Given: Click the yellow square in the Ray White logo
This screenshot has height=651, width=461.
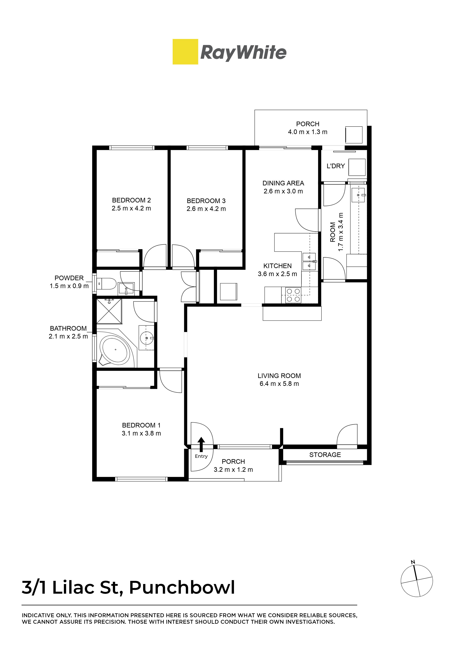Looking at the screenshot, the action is pyautogui.click(x=185, y=52).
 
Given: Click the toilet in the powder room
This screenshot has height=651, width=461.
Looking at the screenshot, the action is pyautogui.click(x=106, y=283).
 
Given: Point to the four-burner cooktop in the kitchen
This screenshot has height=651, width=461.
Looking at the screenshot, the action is pyautogui.click(x=293, y=295).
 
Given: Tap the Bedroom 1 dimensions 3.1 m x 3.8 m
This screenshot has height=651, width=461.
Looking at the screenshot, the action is pyautogui.click(x=141, y=434).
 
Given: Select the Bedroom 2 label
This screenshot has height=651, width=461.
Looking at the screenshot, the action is pyautogui.click(x=131, y=200).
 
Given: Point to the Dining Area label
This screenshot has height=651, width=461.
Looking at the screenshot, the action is pyautogui.click(x=283, y=183).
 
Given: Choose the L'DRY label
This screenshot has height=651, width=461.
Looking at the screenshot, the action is pyautogui.click(x=336, y=166).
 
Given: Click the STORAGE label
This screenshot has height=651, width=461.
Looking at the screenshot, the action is pyautogui.click(x=325, y=455).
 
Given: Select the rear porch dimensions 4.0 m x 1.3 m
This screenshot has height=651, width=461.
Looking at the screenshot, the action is pyautogui.click(x=308, y=132).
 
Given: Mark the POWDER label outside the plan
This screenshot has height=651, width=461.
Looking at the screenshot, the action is pyautogui.click(x=69, y=278).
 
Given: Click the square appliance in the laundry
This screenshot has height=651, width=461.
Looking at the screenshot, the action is pyautogui.click(x=357, y=167).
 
